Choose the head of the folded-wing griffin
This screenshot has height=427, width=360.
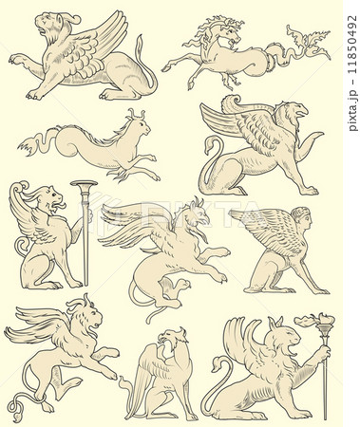coord(173,339)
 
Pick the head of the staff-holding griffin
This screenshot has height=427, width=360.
coord(53,200)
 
